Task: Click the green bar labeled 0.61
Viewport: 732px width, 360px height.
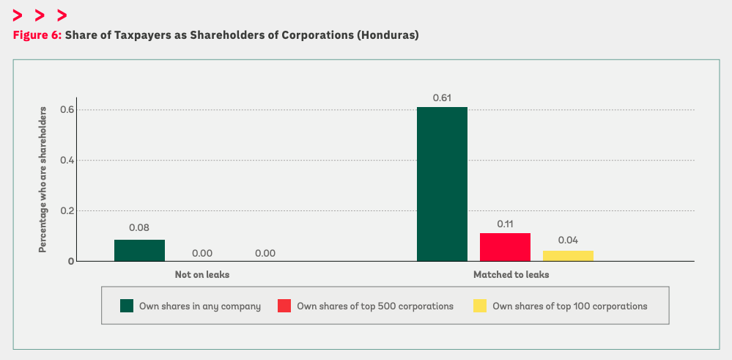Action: tap(442, 184)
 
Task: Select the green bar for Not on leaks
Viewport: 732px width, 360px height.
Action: tap(139, 250)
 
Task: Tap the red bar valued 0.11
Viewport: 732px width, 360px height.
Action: tap(505, 247)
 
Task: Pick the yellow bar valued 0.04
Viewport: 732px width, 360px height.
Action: tap(568, 256)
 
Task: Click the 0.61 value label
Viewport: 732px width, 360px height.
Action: tap(442, 97)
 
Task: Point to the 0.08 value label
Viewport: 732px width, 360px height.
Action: tap(139, 228)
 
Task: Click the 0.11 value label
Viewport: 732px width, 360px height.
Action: tap(505, 223)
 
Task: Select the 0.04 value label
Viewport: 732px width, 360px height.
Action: tap(568, 240)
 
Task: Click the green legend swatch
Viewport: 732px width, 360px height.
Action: tap(127, 306)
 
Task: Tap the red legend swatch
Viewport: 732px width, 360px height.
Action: tap(284, 306)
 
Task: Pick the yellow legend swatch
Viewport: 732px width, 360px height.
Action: tap(480, 306)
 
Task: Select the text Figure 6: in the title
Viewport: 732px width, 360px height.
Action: tap(37, 35)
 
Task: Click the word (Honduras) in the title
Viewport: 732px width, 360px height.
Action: tap(388, 35)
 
